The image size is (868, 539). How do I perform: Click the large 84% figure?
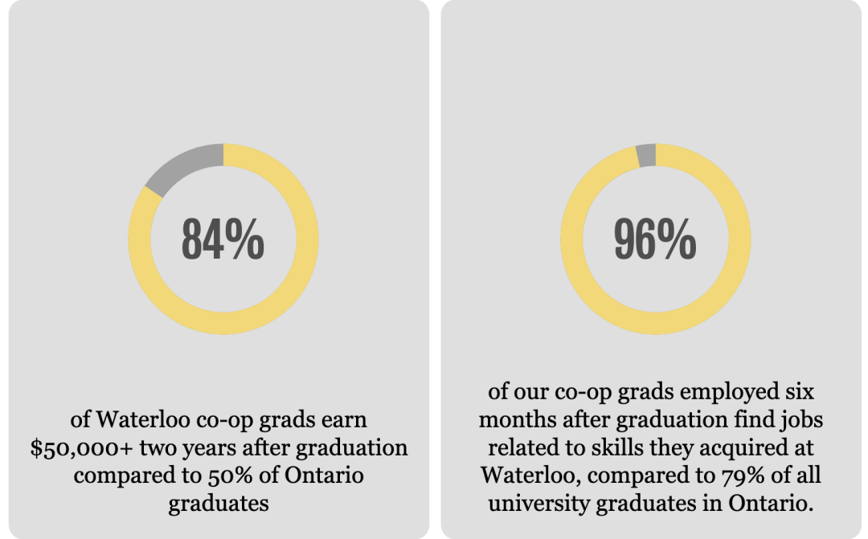coord(223,239)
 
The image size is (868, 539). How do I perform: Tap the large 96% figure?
coord(655,239)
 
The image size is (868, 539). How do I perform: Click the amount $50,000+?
coord(71,448)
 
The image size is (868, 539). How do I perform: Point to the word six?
coord(798,394)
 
